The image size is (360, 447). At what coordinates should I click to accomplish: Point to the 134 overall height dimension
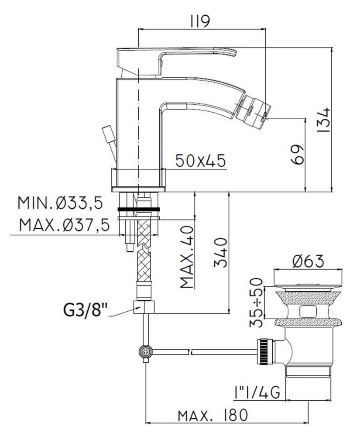pyautogui.click(x=323, y=120)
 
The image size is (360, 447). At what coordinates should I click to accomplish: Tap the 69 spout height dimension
pyautogui.click(x=297, y=155)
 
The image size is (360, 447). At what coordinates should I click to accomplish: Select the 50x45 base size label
pyautogui.click(x=200, y=161)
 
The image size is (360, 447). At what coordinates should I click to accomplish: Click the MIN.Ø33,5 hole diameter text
pyautogui.click(x=60, y=203)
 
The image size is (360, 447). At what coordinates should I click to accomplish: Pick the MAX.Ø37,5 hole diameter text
pyautogui.click(x=64, y=225)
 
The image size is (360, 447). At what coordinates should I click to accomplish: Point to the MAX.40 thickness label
pyautogui.click(x=187, y=257)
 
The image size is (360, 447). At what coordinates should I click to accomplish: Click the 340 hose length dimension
pyautogui.click(x=221, y=253)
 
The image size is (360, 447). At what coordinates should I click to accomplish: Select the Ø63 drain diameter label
pyautogui.click(x=308, y=261)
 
